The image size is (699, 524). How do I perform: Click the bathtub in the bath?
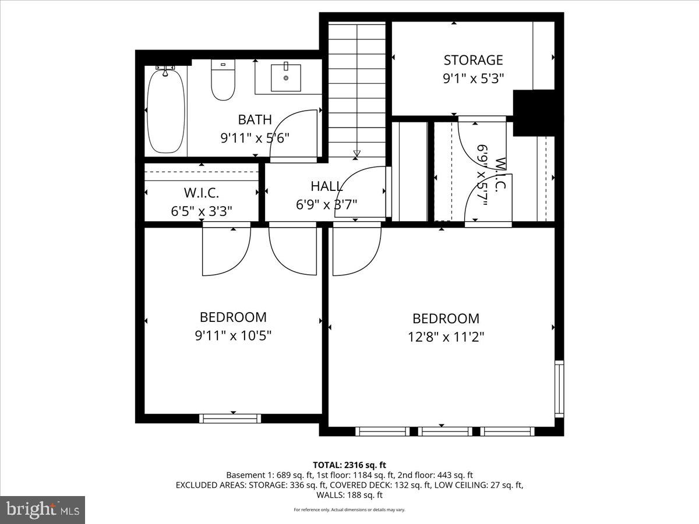click(165, 112)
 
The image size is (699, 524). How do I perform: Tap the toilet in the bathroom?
click(223, 82)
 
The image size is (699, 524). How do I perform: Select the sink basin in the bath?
click(286, 77)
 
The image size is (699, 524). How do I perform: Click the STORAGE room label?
click(473, 60)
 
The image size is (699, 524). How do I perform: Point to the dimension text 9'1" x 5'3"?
click(473, 77)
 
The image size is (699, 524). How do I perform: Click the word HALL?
click(327, 186)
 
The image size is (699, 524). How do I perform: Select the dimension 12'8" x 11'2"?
click(446, 336)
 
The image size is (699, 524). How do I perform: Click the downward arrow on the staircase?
click(356, 154)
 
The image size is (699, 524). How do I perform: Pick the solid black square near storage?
click(534, 112)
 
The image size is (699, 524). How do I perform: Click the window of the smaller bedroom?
click(230, 418)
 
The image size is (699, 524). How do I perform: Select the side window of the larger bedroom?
click(559, 388)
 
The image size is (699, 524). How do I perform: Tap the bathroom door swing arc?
click(293, 134)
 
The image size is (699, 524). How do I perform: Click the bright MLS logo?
click(43, 510)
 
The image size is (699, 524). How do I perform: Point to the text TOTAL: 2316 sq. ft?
click(349, 465)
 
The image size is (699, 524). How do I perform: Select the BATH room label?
click(255, 120)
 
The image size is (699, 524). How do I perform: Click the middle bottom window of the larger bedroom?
click(446, 431)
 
